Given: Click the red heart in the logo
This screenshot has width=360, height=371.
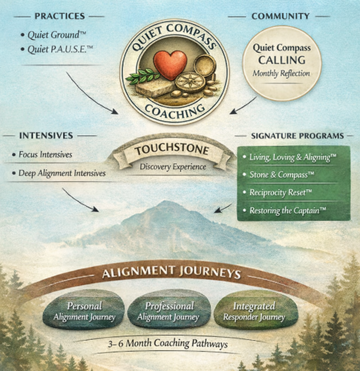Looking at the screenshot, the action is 170,65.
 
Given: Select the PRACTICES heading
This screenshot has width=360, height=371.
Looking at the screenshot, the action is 60,16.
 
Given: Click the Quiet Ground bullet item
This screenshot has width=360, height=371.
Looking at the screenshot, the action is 56,35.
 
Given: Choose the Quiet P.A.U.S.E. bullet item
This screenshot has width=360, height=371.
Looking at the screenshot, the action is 60,49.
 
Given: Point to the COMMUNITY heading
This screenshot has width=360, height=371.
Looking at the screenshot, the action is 280,16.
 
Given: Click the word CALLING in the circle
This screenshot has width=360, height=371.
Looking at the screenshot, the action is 282,60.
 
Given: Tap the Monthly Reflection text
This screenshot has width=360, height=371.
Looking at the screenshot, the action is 281,73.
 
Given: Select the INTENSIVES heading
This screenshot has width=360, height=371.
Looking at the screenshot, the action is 46,136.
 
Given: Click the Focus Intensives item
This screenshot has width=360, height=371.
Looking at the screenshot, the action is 45,154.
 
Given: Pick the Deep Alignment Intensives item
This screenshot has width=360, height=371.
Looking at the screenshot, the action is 62,173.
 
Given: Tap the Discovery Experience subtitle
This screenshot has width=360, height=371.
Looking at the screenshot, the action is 173,167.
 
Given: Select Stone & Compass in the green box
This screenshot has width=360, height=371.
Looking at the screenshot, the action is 281,175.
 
